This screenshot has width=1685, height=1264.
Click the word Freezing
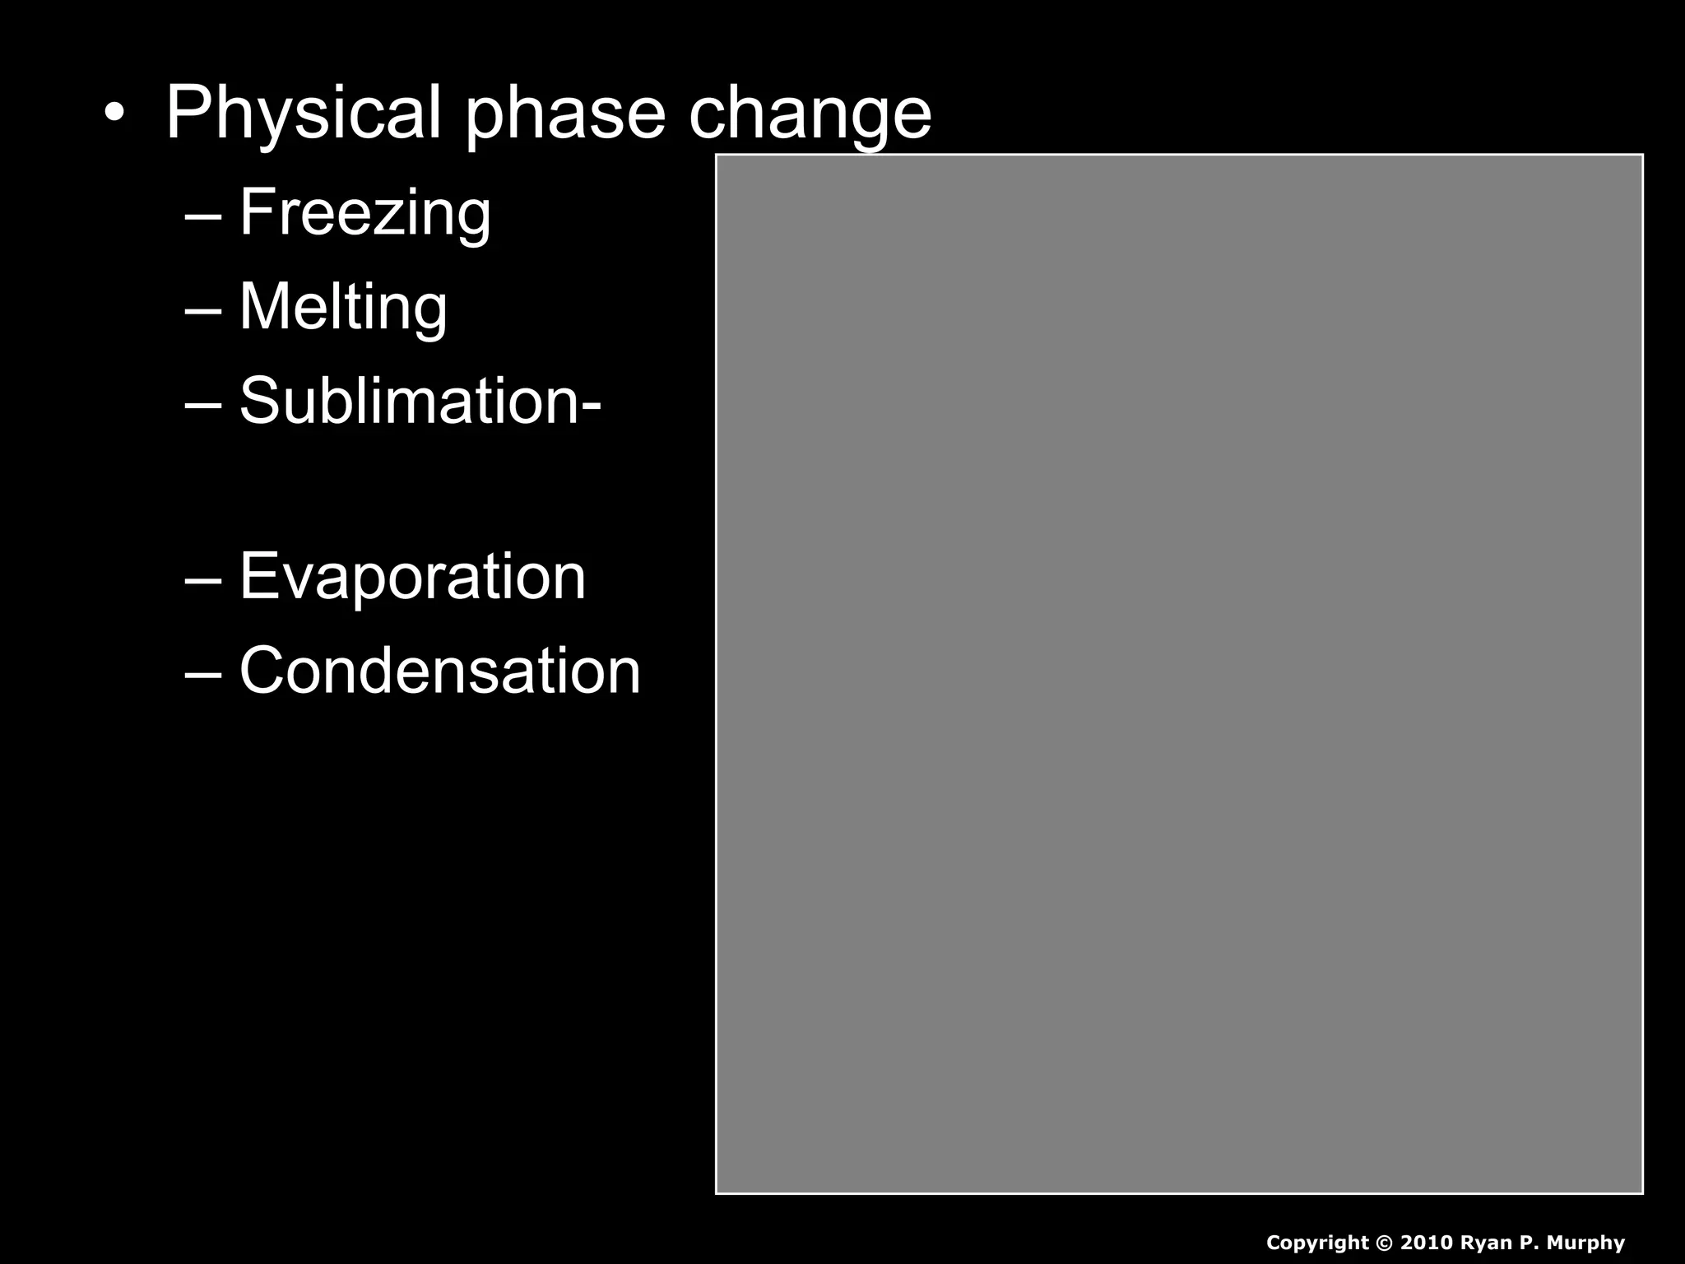[x=364, y=212]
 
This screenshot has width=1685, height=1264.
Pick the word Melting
[x=343, y=307]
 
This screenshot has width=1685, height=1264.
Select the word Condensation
[x=439, y=671]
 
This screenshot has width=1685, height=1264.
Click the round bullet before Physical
[x=114, y=113]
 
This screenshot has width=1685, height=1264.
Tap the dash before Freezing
[x=203, y=216]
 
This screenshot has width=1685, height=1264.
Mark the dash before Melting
[x=203, y=310]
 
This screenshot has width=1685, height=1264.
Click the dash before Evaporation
[x=203, y=579]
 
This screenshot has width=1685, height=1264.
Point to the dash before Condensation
[x=203, y=674]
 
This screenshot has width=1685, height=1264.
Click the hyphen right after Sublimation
[x=592, y=406]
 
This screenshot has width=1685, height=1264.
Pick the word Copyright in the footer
[x=1317, y=1243]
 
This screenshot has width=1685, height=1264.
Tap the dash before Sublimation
[x=203, y=405]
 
